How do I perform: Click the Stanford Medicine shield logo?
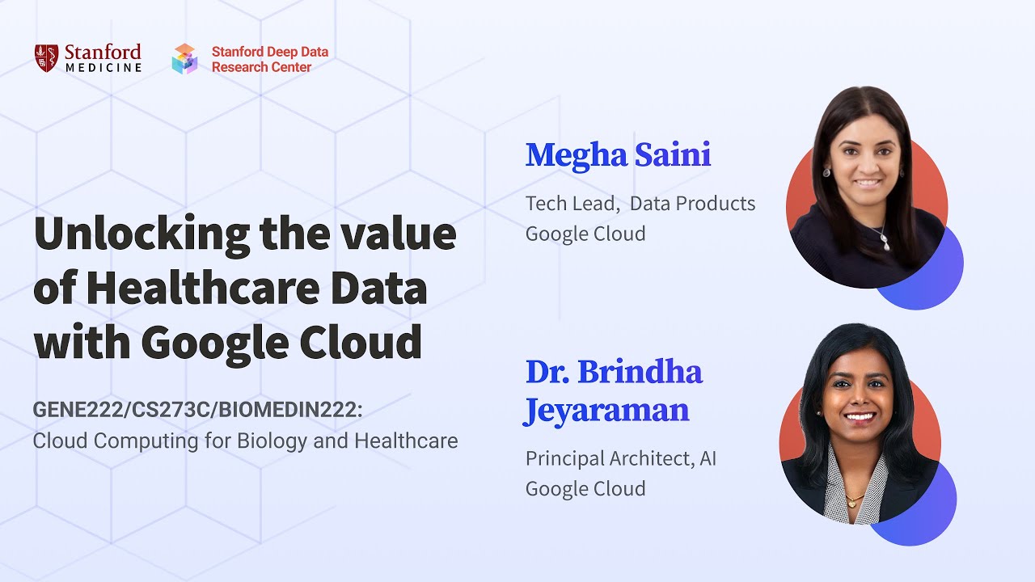[x=46, y=58]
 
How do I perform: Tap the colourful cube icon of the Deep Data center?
[x=184, y=59]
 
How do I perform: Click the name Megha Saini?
[x=618, y=155]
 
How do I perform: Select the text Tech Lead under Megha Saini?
[x=572, y=204]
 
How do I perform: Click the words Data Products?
[x=692, y=204]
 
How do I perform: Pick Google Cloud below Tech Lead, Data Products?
[x=585, y=234]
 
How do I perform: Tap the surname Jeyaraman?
[x=606, y=410]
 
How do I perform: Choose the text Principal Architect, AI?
[x=621, y=459]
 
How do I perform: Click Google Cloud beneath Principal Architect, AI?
[x=585, y=489]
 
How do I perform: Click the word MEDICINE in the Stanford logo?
[x=103, y=68]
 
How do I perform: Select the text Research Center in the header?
[x=261, y=67]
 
